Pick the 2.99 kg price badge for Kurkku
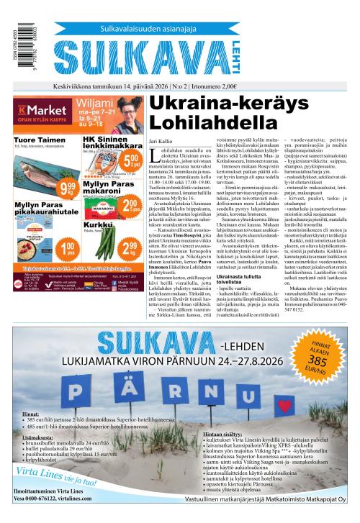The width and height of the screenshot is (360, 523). click(x=130, y=249)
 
